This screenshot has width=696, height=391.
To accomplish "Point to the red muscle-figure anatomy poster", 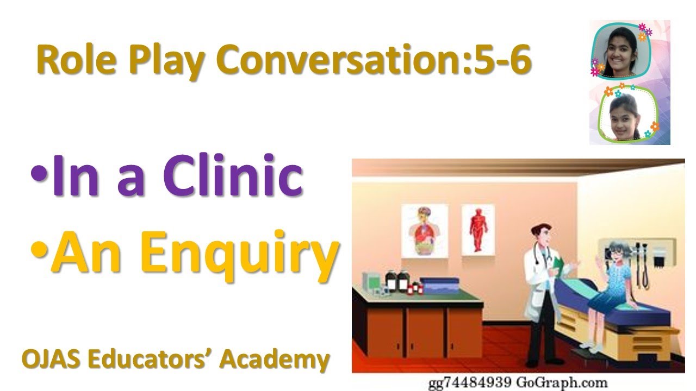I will pyautogui.click(x=478, y=229).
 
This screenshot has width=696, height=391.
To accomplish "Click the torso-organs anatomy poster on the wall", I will pyautogui.click(x=424, y=231).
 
